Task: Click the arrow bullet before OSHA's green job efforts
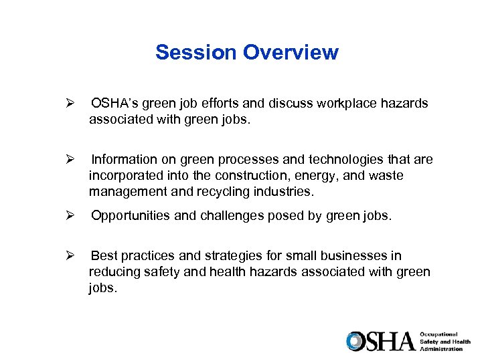67,104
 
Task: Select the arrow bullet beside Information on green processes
67,160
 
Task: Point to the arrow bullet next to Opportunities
67,216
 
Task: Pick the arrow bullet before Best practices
67,256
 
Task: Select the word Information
124,160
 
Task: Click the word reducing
114,271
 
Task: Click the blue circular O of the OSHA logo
355,341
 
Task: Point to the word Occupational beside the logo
439,334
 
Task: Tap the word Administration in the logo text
441,348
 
